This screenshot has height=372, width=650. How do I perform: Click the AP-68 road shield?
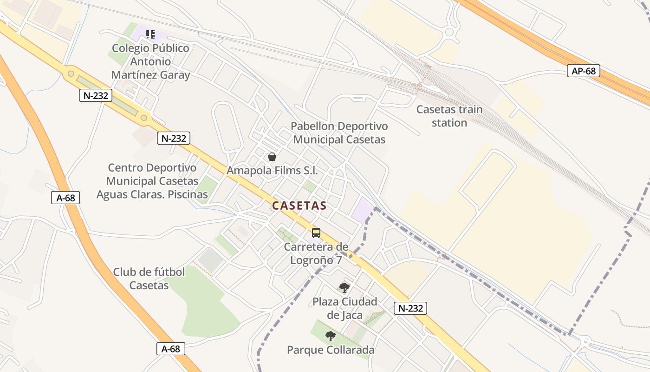(584, 71)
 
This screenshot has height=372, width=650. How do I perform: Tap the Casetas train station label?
(449, 116)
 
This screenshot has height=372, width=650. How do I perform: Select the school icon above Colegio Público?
(150, 34)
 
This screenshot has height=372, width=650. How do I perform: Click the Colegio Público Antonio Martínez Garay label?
(151, 61)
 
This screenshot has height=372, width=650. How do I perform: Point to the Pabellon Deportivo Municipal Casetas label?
(339, 133)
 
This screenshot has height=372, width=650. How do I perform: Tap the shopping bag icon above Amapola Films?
(272, 157)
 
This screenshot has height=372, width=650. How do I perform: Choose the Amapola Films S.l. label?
(272, 171)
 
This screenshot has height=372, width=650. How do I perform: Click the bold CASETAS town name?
(299, 206)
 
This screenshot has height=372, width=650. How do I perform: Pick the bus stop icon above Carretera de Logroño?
(316, 232)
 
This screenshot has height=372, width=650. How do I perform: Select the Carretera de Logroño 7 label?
(316, 253)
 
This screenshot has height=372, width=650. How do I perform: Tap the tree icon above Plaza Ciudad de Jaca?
(344, 287)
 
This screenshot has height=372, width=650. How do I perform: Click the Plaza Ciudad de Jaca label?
(344, 308)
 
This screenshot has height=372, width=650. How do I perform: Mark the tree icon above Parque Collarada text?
(330, 336)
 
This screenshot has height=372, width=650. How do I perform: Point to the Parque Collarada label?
(331, 350)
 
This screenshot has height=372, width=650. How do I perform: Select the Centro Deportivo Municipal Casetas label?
(152, 181)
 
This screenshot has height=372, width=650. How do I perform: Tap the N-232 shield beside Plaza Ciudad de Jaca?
(410, 308)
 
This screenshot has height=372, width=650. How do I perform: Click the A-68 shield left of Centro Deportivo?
(65, 198)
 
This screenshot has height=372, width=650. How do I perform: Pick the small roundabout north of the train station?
(449, 32)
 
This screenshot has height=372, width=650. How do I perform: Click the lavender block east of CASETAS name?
(362, 210)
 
